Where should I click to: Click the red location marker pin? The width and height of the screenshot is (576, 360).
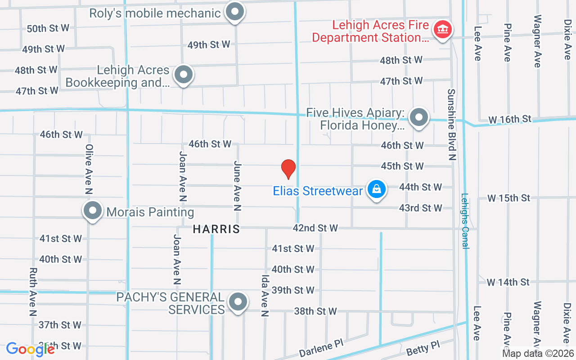tap(288, 169)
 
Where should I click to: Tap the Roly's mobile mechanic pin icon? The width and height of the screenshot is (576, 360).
tap(234, 13)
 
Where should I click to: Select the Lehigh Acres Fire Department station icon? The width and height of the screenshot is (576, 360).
tap(442, 30)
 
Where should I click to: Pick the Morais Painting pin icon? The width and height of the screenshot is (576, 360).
tap(93, 211)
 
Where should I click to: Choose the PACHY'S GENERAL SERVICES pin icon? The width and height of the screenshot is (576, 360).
tap(238, 302)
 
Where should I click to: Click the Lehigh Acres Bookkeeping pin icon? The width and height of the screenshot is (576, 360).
tap(183, 75)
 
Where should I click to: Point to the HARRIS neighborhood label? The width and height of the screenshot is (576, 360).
tap(216, 229)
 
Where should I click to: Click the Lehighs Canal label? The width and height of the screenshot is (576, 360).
tap(465, 221)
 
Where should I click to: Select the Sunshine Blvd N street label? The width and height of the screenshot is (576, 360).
tap(451, 124)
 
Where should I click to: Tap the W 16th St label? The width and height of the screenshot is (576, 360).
tap(509, 119)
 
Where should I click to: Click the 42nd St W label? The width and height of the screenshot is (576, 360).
tap(315, 228)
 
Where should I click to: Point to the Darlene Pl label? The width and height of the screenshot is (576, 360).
tap(321, 348)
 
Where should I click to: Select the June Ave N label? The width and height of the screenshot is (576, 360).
tap(238, 186)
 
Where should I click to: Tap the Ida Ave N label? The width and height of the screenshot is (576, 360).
tap(265, 296)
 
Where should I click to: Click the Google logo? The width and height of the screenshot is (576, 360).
tap(30, 349)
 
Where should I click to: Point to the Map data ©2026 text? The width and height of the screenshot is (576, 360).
tap(538, 354)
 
